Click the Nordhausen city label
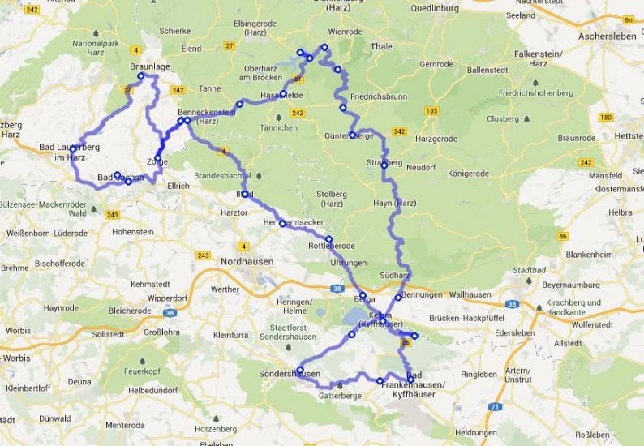pyautogui.click(x=247, y=261)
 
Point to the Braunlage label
pyautogui.click(x=148, y=66)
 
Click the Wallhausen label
pyautogui.click(x=471, y=295)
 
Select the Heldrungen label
pyautogui.click(x=476, y=433)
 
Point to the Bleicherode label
pyautogui.click(x=130, y=311)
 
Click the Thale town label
pyautogui.click(x=380, y=47)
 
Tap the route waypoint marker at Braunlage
pyautogui.click(x=140, y=76)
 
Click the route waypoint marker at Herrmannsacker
pyautogui.click(x=282, y=223)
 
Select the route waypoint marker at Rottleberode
pyautogui.click(x=328, y=238)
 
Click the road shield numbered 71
pyautogui.click(x=495, y=406)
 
